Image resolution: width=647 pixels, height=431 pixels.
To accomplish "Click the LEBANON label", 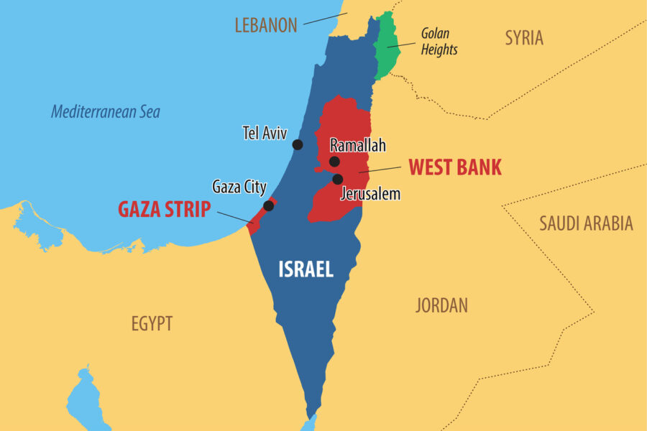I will click(x=265, y=25).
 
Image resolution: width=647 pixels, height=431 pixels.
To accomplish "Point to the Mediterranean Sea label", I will click(x=105, y=112).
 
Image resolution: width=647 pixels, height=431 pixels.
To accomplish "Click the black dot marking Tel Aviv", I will click(x=298, y=144).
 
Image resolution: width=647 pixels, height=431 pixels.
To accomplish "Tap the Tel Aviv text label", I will click(x=265, y=133).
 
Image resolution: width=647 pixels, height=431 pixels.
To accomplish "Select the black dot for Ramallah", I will click(x=334, y=162).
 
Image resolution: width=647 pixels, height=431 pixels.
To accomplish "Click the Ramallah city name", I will click(x=357, y=145).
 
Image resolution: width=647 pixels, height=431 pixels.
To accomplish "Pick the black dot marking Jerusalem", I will click(x=337, y=179).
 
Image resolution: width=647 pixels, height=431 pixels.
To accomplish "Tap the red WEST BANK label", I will click(x=455, y=167).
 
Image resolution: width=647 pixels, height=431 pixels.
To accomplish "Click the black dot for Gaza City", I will click(x=268, y=205).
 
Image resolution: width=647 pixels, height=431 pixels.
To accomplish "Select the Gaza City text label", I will click(x=239, y=187).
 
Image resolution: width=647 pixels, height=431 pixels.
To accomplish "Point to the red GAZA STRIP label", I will click(x=164, y=210).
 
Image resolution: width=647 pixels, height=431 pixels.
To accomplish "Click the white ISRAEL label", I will click(x=306, y=269).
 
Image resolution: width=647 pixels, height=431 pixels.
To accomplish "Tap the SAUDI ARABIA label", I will click(x=586, y=223).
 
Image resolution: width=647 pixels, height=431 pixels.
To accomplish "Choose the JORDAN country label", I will click(x=441, y=305).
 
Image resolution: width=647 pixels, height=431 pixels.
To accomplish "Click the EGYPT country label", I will click(x=152, y=323).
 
